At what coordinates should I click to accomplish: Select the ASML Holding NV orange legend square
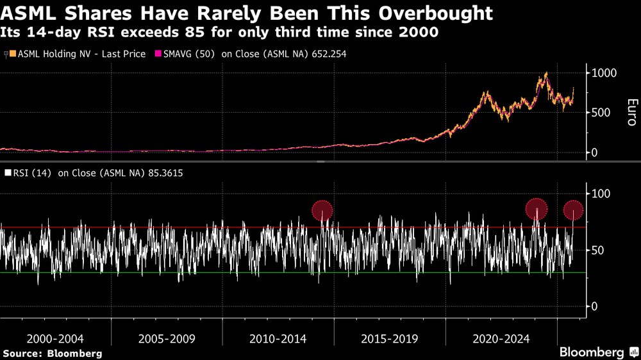(x=13, y=54)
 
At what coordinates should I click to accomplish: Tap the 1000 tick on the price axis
(x=604, y=73)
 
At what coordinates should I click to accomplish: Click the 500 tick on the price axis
(x=601, y=113)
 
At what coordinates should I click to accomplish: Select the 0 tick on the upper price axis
(x=595, y=152)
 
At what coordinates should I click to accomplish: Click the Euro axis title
(x=631, y=112)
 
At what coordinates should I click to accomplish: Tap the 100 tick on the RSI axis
(x=601, y=193)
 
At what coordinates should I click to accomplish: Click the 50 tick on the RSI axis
(x=598, y=250)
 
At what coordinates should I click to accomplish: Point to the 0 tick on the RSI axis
(x=595, y=306)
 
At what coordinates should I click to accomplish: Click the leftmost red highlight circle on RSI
(x=322, y=210)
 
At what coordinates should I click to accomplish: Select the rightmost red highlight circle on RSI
(x=573, y=209)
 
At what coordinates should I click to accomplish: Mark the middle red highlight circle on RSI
(x=537, y=209)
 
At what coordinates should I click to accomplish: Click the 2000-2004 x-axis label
(x=56, y=338)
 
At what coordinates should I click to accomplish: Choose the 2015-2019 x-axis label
(x=390, y=338)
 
